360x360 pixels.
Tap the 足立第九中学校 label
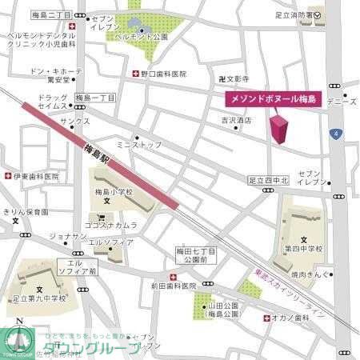coord(40,298)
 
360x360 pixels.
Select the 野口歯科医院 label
coord(163,73)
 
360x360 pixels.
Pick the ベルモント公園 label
coord(141,37)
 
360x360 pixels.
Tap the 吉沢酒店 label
coord(236,121)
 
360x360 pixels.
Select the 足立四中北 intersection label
coord(267,180)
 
